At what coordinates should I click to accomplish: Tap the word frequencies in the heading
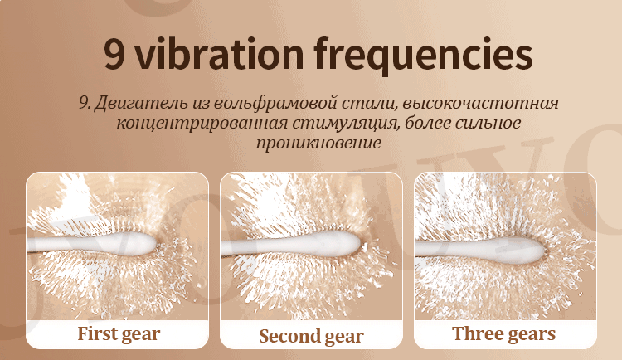pyautogui.click(x=422, y=55)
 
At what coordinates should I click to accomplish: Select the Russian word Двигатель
pyautogui.click(x=133, y=105)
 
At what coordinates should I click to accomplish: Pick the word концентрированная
pyautogui.click(x=195, y=124)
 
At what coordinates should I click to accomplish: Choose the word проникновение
pyautogui.click(x=311, y=143)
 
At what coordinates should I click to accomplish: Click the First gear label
pyautogui.click(x=118, y=334)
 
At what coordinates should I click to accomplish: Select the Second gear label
pyautogui.click(x=311, y=336)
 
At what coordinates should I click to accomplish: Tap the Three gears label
pyautogui.click(x=504, y=334)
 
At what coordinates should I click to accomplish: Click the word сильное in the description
pyautogui.click(x=491, y=124)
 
